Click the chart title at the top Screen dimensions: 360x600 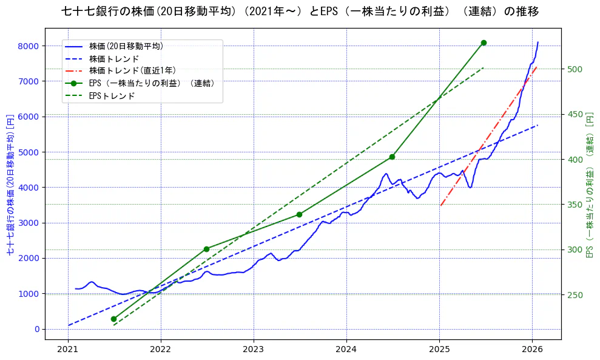click(300, 12)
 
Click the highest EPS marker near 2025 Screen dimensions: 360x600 click(484, 42)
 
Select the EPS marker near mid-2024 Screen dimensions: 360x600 click(392, 157)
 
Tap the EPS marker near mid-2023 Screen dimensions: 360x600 click(299, 214)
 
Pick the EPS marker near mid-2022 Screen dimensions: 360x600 click(206, 249)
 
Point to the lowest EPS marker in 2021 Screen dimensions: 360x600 click(113, 319)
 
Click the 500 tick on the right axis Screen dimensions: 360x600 click(574, 69)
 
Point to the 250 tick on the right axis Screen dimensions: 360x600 click(574, 295)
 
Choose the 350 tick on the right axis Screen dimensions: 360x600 click(574, 205)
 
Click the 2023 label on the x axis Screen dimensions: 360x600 click(254, 350)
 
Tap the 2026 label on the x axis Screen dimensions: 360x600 click(532, 350)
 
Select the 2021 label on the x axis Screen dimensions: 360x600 click(68, 350)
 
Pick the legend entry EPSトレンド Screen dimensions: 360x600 click(112, 95)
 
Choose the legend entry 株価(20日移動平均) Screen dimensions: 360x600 click(126, 46)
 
